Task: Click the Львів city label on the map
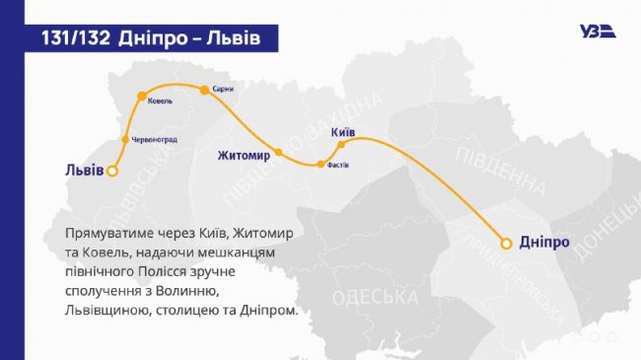(x=75, y=170)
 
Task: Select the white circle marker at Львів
(x=112, y=171)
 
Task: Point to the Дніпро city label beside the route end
(x=543, y=242)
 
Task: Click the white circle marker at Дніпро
(x=506, y=242)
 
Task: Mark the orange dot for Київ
(x=341, y=145)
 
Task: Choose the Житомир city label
(x=244, y=155)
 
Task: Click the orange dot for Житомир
(x=279, y=153)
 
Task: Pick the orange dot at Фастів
(x=320, y=165)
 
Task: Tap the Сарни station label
(x=222, y=88)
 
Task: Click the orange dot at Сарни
(x=204, y=90)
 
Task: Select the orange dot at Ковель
(x=139, y=97)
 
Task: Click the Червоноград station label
(x=152, y=139)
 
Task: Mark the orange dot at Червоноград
(x=124, y=139)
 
